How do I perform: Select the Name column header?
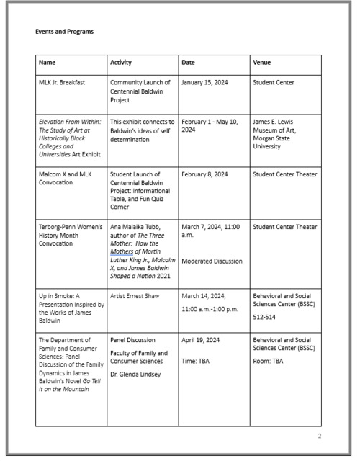pos(48,63)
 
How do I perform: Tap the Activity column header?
pos(121,63)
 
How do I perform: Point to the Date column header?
pos(189,63)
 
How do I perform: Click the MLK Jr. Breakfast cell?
pos(63,83)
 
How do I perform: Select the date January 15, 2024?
pos(208,83)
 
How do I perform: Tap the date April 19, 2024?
pos(202,338)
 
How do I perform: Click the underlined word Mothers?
pos(122,253)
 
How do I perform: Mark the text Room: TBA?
pos(269,360)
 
